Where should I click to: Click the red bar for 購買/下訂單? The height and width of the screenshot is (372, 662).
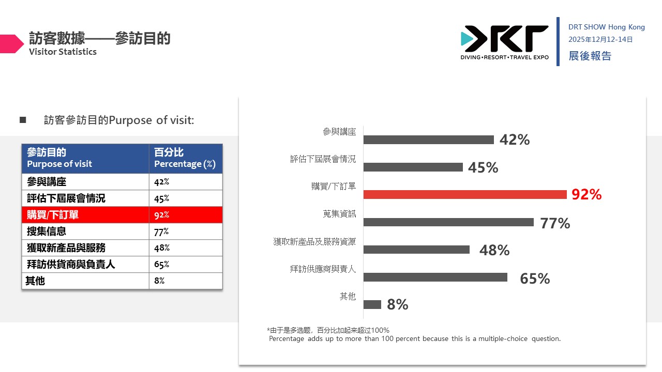[x=465, y=195]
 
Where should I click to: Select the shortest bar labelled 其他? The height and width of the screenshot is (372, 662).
[x=372, y=304]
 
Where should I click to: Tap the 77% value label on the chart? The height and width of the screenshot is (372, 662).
[x=555, y=223]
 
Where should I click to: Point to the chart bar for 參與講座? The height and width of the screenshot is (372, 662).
[x=429, y=139]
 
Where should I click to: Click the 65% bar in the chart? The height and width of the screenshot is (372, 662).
[x=435, y=277]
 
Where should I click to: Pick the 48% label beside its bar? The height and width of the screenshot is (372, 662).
[x=494, y=250]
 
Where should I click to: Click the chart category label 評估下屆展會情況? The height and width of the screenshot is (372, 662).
[x=323, y=159]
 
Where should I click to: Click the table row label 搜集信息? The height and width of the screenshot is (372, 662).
[x=47, y=231]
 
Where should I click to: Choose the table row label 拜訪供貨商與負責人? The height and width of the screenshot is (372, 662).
[x=71, y=264]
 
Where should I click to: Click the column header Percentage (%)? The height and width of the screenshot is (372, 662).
[x=185, y=164]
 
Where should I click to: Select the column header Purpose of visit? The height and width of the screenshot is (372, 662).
[x=59, y=164]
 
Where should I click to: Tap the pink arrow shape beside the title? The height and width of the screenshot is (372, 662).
[x=12, y=44]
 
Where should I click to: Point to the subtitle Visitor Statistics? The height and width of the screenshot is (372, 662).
[x=63, y=52]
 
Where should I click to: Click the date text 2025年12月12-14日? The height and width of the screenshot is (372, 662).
[x=600, y=40]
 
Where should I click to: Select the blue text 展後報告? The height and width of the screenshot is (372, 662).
[x=590, y=56]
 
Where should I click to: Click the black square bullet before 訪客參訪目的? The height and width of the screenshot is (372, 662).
[x=23, y=120]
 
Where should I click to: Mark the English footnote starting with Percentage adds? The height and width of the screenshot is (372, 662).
[x=415, y=338]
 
